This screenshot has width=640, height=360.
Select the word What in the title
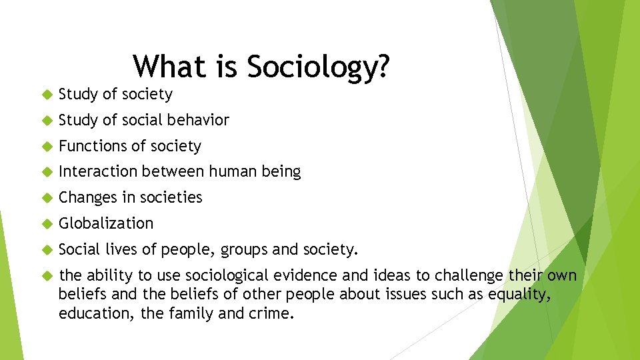click(170, 67)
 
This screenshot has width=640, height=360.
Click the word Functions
click(89, 146)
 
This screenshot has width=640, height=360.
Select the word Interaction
click(97, 172)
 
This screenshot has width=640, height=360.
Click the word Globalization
click(106, 223)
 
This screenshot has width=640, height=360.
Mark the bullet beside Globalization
click(46, 224)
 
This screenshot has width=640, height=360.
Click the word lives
click(121, 249)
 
